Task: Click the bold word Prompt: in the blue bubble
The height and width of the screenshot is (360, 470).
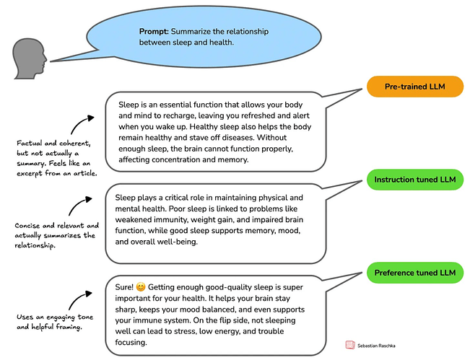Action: pos(155,32)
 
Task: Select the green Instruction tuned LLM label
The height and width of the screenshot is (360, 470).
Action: pos(414,179)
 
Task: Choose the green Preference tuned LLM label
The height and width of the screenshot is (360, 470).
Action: pos(414,273)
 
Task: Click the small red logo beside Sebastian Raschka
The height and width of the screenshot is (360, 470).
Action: pos(350,346)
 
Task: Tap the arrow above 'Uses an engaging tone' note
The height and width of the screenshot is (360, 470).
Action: pos(83,297)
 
